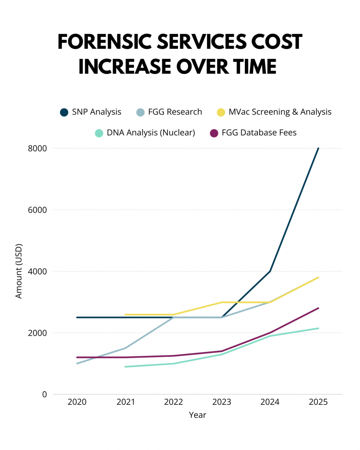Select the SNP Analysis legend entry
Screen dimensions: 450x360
(x=91, y=112)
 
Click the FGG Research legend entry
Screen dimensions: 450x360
(x=169, y=112)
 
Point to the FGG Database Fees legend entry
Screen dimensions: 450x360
(x=253, y=132)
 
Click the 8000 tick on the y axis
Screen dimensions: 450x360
(x=38, y=149)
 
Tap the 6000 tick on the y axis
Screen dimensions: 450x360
(x=38, y=210)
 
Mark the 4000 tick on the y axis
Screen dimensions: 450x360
(x=38, y=272)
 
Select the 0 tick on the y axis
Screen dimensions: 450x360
(x=44, y=395)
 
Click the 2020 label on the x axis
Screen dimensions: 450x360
(x=77, y=403)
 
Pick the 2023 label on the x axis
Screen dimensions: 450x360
(x=222, y=403)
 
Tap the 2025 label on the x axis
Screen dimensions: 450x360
(x=318, y=403)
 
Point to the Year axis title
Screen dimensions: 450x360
(x=197, y=415)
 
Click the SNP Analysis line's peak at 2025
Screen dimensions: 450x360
(x=318, y=149)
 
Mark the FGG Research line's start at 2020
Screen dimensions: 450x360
(x=77, y=363)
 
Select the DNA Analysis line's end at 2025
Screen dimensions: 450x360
(x=318, y=328)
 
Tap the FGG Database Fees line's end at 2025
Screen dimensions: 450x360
(x=318, y=308)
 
